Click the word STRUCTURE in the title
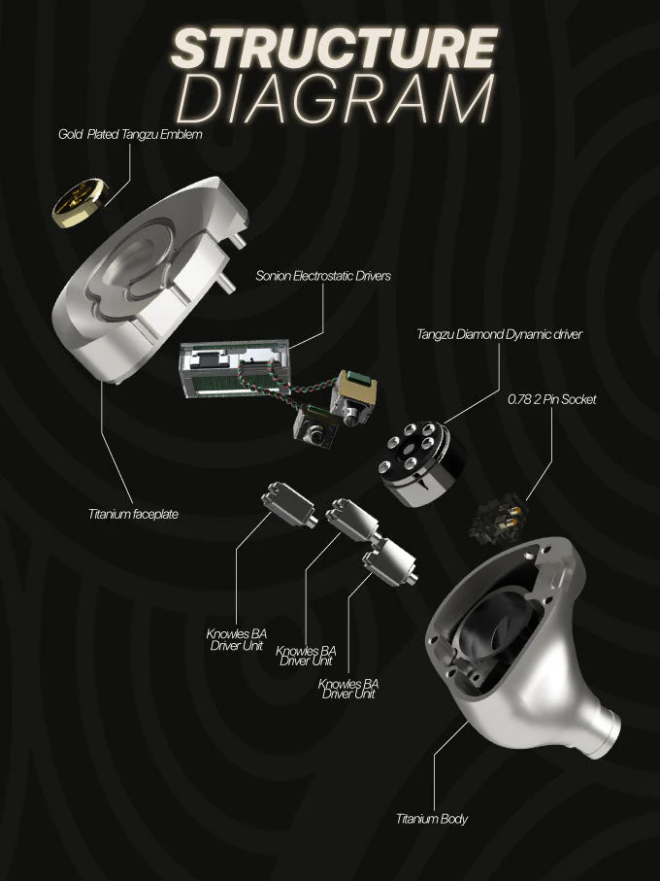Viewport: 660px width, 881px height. (335, 48)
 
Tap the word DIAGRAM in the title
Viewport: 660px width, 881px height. (336, 99)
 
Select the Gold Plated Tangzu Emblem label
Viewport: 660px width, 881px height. (130, 134)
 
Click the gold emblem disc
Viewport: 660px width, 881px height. (79, 203)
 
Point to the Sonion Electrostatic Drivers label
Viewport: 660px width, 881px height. (323, 276)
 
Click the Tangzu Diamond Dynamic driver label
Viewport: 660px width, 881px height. (500, 334)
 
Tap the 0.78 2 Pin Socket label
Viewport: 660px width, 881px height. (551, 399)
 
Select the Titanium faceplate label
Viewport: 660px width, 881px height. (133, 514)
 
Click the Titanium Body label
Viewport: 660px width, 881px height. (432, 819)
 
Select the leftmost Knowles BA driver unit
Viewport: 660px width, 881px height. (288, 504)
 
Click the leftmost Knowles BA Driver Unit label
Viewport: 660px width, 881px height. (236, 640)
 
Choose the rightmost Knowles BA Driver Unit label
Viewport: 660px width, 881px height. (348, 689)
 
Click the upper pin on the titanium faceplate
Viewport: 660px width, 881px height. (237, 238)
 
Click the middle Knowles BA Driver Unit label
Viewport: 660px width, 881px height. (306, 656)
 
